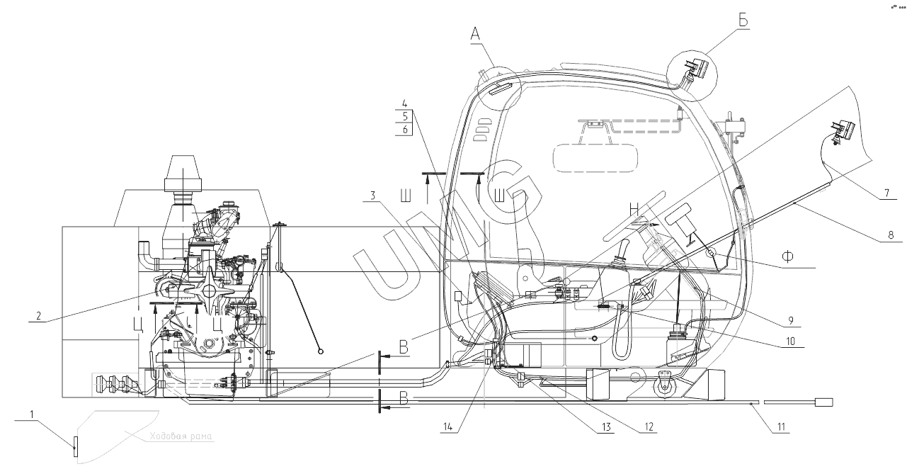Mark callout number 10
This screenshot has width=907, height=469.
click(789, 341)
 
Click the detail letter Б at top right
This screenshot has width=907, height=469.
click(743, 21)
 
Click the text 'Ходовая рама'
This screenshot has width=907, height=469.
click(181, 437)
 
